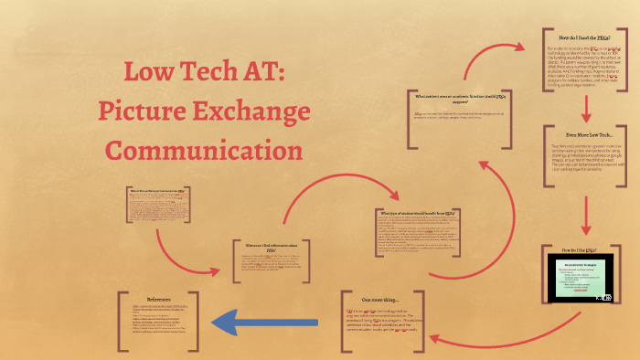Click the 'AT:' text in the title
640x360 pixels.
(x=260, y=74)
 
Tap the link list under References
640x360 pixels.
(x=157, y=320)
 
